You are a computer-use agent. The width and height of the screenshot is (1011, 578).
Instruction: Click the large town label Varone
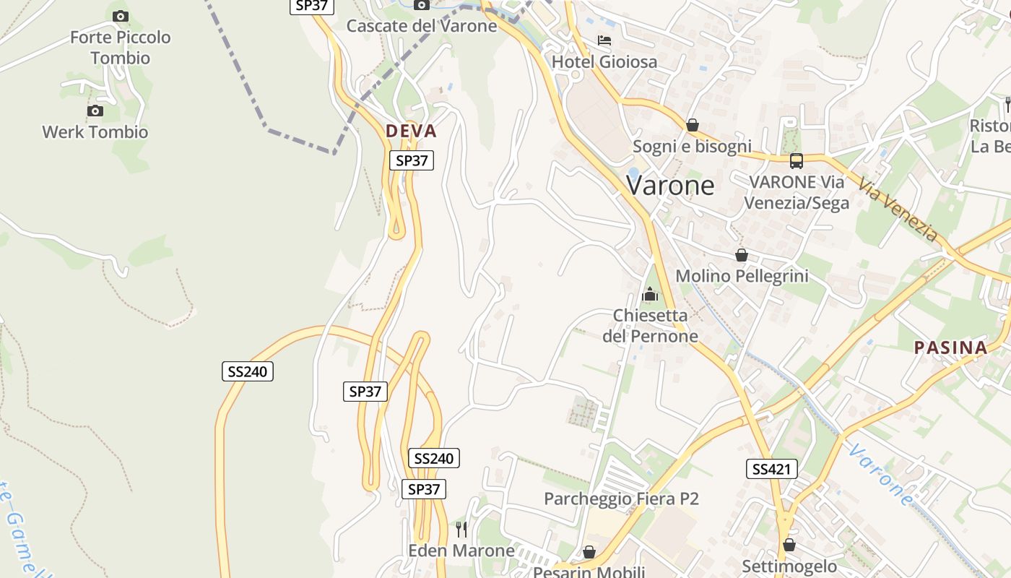tap(670, 186)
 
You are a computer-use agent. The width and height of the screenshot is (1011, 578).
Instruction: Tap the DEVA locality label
tap(411, 131)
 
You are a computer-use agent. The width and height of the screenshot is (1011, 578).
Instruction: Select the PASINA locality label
tap(950, 348)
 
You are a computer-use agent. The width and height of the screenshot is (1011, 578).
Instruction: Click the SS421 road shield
tap(771, 469)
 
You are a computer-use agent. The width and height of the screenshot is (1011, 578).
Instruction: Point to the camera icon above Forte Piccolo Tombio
tap(121, 16)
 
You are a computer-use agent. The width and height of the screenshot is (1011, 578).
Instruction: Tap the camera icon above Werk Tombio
tap(95, 111)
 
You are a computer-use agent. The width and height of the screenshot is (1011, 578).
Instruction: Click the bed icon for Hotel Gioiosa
tap(604, 40)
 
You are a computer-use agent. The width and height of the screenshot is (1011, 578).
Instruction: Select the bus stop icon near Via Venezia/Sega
tap(796, 161)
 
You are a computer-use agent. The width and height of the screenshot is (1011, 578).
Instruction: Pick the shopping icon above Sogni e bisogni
tap(692, 125)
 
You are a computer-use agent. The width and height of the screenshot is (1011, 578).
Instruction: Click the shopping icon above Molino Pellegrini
tap(741, 255)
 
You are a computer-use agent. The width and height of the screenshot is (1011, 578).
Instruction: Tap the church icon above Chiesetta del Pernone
tap(650, 294)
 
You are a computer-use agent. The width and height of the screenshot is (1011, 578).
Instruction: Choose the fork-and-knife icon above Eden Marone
tap(461, 530)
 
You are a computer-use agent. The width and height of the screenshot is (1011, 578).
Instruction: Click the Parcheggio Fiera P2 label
tap(621, 499)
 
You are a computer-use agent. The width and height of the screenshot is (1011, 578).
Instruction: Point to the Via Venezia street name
tap(898, 210)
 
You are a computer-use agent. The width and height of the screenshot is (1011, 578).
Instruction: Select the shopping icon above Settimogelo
tap(789, 545)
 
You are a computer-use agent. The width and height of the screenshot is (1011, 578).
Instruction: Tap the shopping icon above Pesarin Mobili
tap(589, 553)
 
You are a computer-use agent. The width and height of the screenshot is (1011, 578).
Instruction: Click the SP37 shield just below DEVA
tap(412, 160)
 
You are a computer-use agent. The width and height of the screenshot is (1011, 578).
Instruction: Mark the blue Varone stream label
tap(880, 475)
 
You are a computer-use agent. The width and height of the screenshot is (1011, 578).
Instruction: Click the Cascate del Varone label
tap(422, 26)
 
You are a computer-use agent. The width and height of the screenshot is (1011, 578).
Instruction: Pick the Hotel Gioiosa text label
tap(604, 62)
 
